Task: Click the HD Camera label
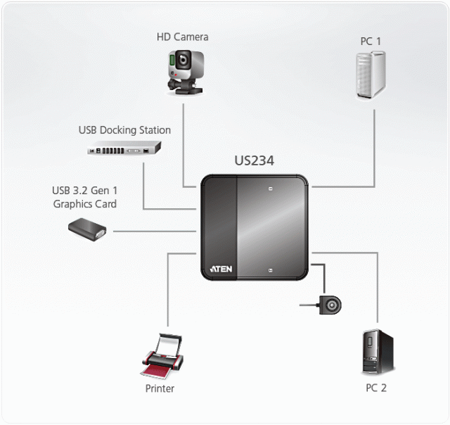pos(182,37)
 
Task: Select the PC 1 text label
pos(371,42)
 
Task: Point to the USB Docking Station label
pos(124,130)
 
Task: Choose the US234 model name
pos(254,161)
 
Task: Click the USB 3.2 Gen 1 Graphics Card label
pos(84,197)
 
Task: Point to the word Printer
pos(160,388)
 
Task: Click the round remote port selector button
pos(330,305)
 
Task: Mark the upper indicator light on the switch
pos(270,189)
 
